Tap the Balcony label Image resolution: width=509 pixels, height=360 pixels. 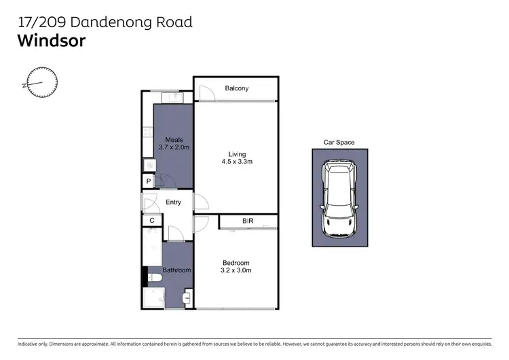point(237,88)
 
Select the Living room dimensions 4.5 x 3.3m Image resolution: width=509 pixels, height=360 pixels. point(237,162)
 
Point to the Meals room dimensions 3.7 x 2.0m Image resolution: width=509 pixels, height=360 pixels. point(174,147)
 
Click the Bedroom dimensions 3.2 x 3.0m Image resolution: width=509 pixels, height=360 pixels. point(236,270)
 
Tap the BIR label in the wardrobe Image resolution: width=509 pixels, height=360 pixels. point(248,221)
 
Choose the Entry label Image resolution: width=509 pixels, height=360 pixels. point(173,202)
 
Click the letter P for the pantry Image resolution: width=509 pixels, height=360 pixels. point(148,181)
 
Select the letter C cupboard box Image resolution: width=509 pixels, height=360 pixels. point(152,220)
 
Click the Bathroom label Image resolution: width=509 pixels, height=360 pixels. point(176,270)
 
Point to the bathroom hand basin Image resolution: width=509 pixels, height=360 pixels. point(188,297)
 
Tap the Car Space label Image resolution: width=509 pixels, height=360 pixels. point(338,143)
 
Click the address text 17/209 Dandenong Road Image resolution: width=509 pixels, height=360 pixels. point(105,22)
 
